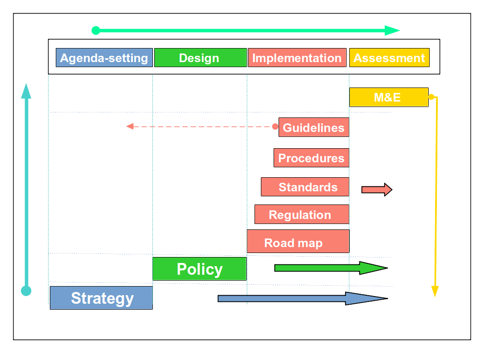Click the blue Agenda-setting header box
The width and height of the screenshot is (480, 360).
(104, 58)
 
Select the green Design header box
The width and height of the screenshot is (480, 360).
(201, 58)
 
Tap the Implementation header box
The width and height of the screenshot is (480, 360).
(297, 58)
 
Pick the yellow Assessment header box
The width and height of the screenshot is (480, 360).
(389, 58)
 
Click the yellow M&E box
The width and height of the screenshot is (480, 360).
(389, 97)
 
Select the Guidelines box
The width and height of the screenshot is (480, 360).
(314, 127)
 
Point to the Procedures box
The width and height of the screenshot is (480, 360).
(311, 158)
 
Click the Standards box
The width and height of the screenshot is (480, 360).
(305, 187)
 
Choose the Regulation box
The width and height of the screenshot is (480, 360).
(302, 214)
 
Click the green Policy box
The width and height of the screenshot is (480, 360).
(200, 269)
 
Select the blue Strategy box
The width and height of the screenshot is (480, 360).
(101, 298)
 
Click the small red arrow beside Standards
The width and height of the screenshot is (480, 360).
(377, 190)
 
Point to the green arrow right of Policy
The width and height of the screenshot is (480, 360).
(331, 268)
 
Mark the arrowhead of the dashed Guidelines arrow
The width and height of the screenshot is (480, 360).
(130, 126)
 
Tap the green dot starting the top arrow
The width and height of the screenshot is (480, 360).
(96, 30)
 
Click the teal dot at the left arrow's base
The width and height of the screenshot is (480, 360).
(26, 291)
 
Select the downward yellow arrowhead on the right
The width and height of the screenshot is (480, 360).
(435, 291)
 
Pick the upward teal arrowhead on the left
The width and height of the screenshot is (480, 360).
(26, 91)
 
